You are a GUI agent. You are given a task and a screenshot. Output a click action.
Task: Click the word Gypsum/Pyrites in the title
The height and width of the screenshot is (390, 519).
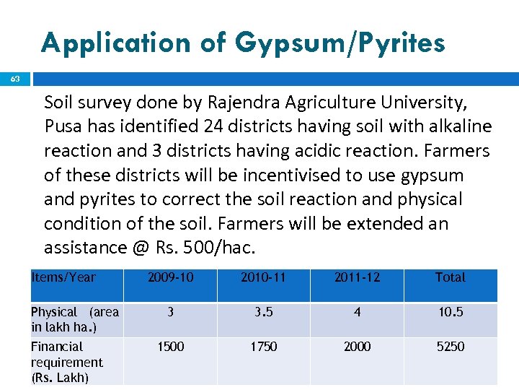338,44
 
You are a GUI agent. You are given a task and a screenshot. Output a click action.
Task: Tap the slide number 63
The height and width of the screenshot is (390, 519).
15,79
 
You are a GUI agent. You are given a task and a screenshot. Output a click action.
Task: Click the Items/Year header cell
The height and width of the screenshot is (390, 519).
63,277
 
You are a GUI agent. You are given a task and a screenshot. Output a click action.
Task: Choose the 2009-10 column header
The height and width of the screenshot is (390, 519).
170,277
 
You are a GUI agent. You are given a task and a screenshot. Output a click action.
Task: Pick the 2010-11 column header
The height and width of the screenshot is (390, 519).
263,277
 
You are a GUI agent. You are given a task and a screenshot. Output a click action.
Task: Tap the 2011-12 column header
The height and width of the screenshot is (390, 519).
357,277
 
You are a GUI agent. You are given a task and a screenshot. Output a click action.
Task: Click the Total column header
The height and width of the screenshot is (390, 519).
451,277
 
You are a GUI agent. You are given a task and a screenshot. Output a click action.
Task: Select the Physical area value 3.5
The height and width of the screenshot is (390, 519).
263,312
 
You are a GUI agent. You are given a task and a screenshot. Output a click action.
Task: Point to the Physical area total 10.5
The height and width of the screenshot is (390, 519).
451,312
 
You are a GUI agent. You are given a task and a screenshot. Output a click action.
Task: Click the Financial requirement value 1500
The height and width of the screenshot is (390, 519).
170,347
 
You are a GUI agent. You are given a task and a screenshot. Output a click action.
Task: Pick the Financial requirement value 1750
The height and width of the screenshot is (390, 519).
263,347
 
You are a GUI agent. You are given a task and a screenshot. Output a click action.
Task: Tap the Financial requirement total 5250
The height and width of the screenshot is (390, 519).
451,347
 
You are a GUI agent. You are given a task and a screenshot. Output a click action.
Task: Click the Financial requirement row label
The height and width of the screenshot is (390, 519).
67,362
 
